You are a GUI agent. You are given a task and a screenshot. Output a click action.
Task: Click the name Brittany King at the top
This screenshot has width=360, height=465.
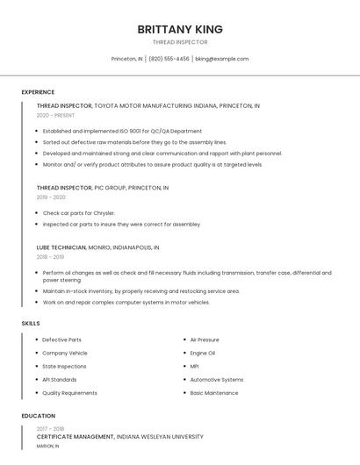coord(180,29)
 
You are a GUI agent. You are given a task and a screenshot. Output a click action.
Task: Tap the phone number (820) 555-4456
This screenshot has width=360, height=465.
coord(169,59)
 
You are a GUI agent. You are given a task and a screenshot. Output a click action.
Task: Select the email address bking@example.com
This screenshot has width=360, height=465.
coord(222,59)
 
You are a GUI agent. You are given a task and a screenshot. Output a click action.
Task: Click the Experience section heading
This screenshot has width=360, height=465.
coord(38,92)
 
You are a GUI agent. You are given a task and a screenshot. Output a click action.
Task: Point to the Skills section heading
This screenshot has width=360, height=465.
coord(31,324)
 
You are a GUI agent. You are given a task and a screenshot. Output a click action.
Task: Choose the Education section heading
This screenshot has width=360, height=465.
coord(38,416)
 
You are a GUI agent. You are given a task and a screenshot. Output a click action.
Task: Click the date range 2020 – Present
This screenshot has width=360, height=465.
coord(55,115)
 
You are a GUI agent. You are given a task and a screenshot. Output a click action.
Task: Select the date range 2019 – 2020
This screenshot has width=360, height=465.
coord(51,197)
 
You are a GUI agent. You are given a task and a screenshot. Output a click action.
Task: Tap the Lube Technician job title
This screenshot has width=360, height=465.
coord(61,247)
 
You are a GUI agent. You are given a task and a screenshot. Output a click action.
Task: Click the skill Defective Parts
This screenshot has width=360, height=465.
coord(61,340)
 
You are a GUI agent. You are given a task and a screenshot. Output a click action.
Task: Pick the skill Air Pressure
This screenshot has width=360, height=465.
coord(205,340)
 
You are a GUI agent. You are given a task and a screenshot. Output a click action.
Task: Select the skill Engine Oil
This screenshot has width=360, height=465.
coord(203,353)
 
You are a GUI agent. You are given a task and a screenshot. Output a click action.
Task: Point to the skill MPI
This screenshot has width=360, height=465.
coord(195,366)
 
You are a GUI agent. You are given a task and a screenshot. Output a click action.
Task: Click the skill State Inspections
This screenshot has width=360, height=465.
coord(64,366)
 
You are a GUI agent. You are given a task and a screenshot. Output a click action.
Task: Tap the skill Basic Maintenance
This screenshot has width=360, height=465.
coord(214,393)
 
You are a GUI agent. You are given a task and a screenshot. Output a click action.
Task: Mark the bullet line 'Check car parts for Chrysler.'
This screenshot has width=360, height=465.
coord(79,213)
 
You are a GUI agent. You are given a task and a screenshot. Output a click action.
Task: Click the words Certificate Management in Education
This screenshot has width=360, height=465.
coord(76,436)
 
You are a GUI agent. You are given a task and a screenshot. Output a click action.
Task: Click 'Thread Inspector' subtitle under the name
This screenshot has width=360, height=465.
coord(180,42)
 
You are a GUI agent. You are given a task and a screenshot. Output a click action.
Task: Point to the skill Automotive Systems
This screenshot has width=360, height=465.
coord(217,380)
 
